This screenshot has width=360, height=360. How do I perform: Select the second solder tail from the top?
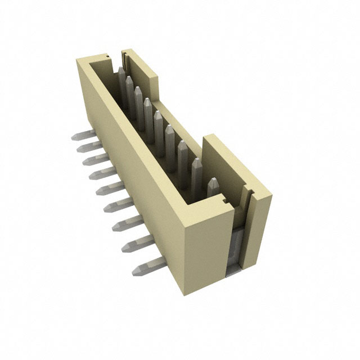point(88,147)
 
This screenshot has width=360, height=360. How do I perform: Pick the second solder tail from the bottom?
point(134,243)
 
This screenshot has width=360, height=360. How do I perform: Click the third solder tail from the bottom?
point(125,223)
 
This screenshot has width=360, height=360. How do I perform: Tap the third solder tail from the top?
point(93,160)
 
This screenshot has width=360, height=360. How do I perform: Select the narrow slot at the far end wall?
point(123,56)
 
